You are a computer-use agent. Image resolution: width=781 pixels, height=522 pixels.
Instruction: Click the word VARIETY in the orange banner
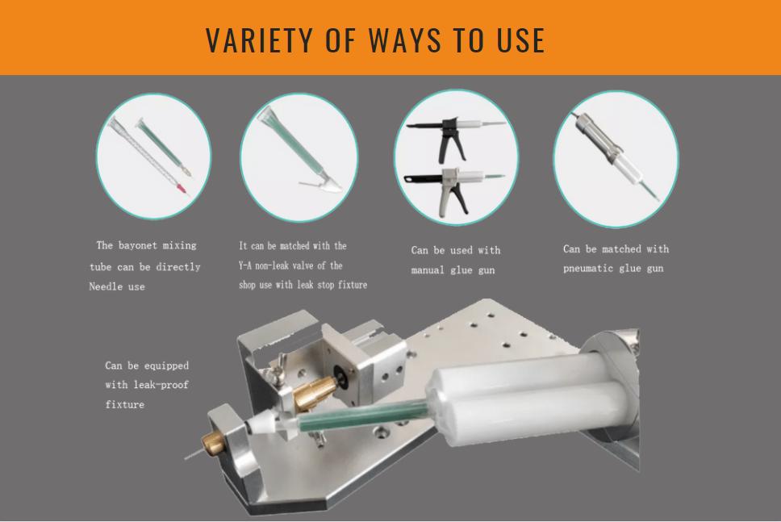259,40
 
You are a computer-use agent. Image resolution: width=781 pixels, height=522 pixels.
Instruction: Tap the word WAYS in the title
404,40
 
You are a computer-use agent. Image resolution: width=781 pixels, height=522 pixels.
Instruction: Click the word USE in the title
520,40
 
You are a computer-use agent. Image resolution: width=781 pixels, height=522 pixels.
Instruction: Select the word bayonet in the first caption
137,245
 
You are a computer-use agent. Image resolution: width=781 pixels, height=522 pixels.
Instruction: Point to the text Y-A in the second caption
244,265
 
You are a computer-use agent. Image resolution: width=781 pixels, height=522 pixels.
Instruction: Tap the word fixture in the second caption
353,285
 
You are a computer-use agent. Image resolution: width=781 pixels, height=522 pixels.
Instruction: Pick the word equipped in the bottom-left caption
166,365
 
